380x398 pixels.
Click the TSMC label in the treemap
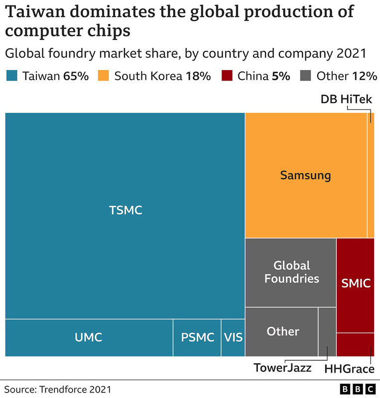126,210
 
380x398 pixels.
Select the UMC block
89,337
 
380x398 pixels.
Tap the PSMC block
197,337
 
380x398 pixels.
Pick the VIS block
233,337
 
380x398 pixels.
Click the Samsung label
305,175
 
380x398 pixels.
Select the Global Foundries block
291,272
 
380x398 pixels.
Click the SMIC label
356,284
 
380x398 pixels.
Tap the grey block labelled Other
282,331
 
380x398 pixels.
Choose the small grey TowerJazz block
327,331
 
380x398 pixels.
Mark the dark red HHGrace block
356,344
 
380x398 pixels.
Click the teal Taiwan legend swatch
12,76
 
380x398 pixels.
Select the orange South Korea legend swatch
104,76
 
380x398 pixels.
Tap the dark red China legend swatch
227,76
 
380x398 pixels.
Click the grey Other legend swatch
306,76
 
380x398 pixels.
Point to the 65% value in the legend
77,76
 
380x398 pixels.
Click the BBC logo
357,388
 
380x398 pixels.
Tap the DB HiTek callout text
346,99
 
